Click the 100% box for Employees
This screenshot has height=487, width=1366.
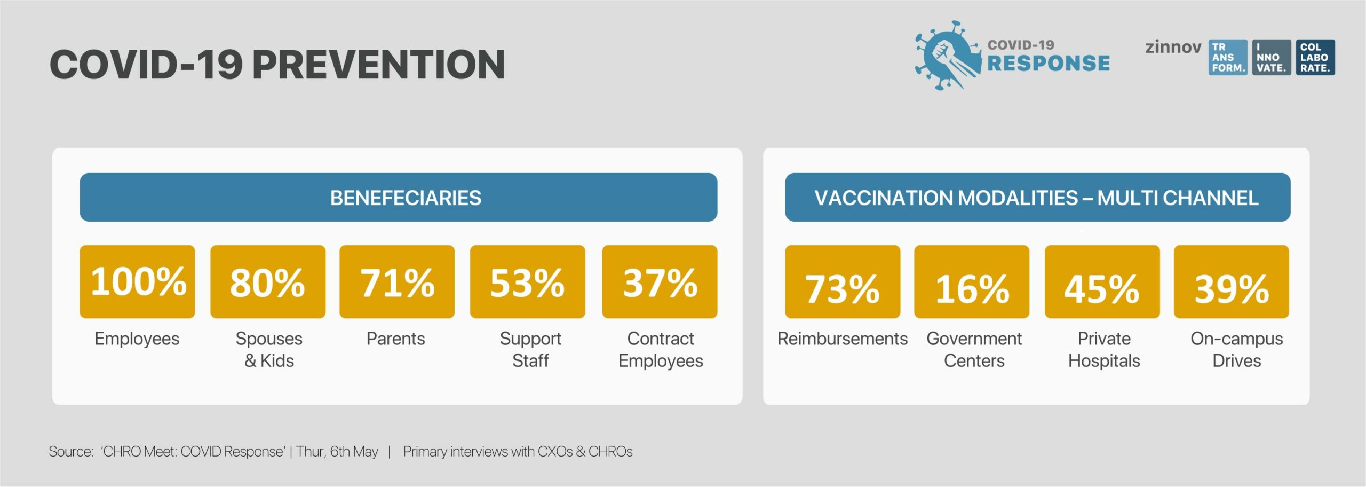coord(137,281)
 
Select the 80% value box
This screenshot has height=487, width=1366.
coord(268,281)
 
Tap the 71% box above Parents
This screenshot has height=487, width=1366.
coord(397,281)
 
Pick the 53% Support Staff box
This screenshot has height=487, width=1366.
coord(528,281)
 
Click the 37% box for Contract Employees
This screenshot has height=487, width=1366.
coord(660,281)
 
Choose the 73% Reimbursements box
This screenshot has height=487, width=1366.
coord(843,281)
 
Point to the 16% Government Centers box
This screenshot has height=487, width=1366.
coord(972,281)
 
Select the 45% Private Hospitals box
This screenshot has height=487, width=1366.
coord(1102,281)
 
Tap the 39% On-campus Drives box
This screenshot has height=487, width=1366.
coord(1232,281)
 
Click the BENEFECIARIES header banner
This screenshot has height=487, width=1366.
coord(399,197)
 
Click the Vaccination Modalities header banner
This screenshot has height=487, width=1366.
coord(1038,197)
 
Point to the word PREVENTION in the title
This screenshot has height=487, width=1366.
coord(378,65)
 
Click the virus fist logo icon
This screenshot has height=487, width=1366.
coord(948,55)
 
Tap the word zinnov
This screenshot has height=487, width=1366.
coord(1173,47)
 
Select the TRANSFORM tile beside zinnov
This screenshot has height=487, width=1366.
coord(1228,57)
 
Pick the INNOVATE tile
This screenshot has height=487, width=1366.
coord(1272,57)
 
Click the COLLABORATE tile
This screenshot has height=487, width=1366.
coord(1315,57)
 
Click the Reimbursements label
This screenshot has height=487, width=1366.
coord(843,339)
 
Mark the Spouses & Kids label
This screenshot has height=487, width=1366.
coord(269,350)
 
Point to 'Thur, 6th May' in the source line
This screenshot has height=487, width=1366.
coord(337,452)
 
